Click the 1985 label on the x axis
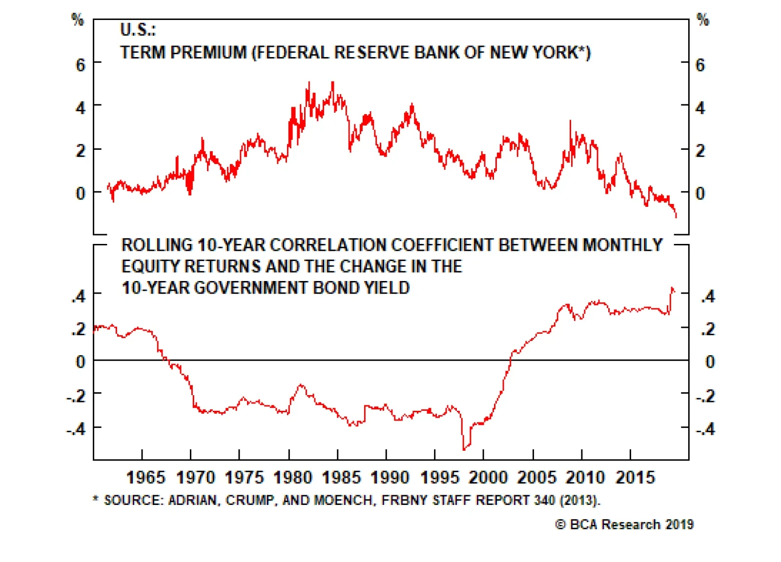341,477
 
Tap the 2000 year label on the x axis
488,477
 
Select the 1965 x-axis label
145,477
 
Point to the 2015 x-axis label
635,477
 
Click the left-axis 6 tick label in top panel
81,65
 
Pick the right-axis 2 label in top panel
700,151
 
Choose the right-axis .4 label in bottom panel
708,296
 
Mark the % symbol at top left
78,20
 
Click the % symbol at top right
702,20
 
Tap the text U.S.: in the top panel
138,30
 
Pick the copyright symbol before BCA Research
560,524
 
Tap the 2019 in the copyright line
679,524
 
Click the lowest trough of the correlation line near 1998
464,449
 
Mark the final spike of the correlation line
672,288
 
